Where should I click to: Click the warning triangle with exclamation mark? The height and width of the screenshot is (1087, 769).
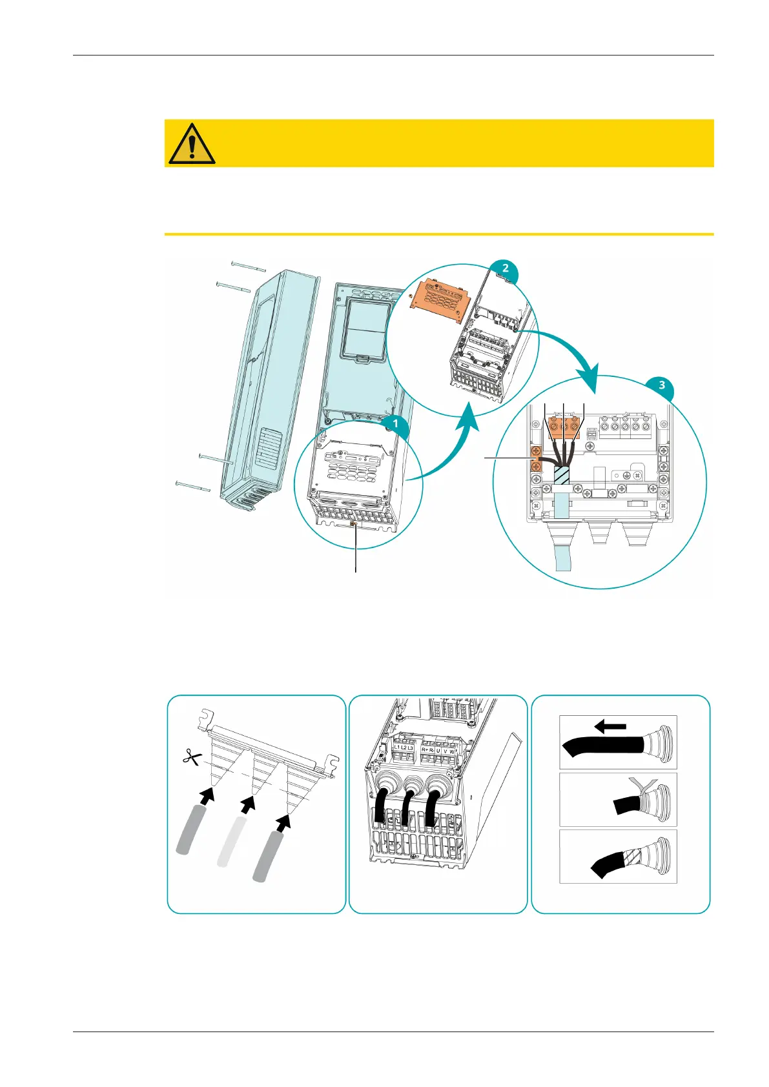[192, 143]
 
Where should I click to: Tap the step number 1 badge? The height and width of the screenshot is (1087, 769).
[395, 424]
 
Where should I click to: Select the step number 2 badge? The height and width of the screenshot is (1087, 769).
[505, 269]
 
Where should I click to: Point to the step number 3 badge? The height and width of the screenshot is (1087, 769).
[661, 386]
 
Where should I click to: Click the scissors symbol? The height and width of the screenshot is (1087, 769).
[190, 757]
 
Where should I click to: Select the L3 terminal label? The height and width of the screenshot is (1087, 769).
[411, 748]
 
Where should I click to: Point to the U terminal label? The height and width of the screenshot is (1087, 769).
[438, 751]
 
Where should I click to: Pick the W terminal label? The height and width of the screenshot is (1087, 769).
[452, 751]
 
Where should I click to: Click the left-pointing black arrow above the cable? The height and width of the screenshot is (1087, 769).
[610, 727]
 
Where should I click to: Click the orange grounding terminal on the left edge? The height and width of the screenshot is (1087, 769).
[535, 458]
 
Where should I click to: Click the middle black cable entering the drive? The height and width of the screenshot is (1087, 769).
[407, 807]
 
